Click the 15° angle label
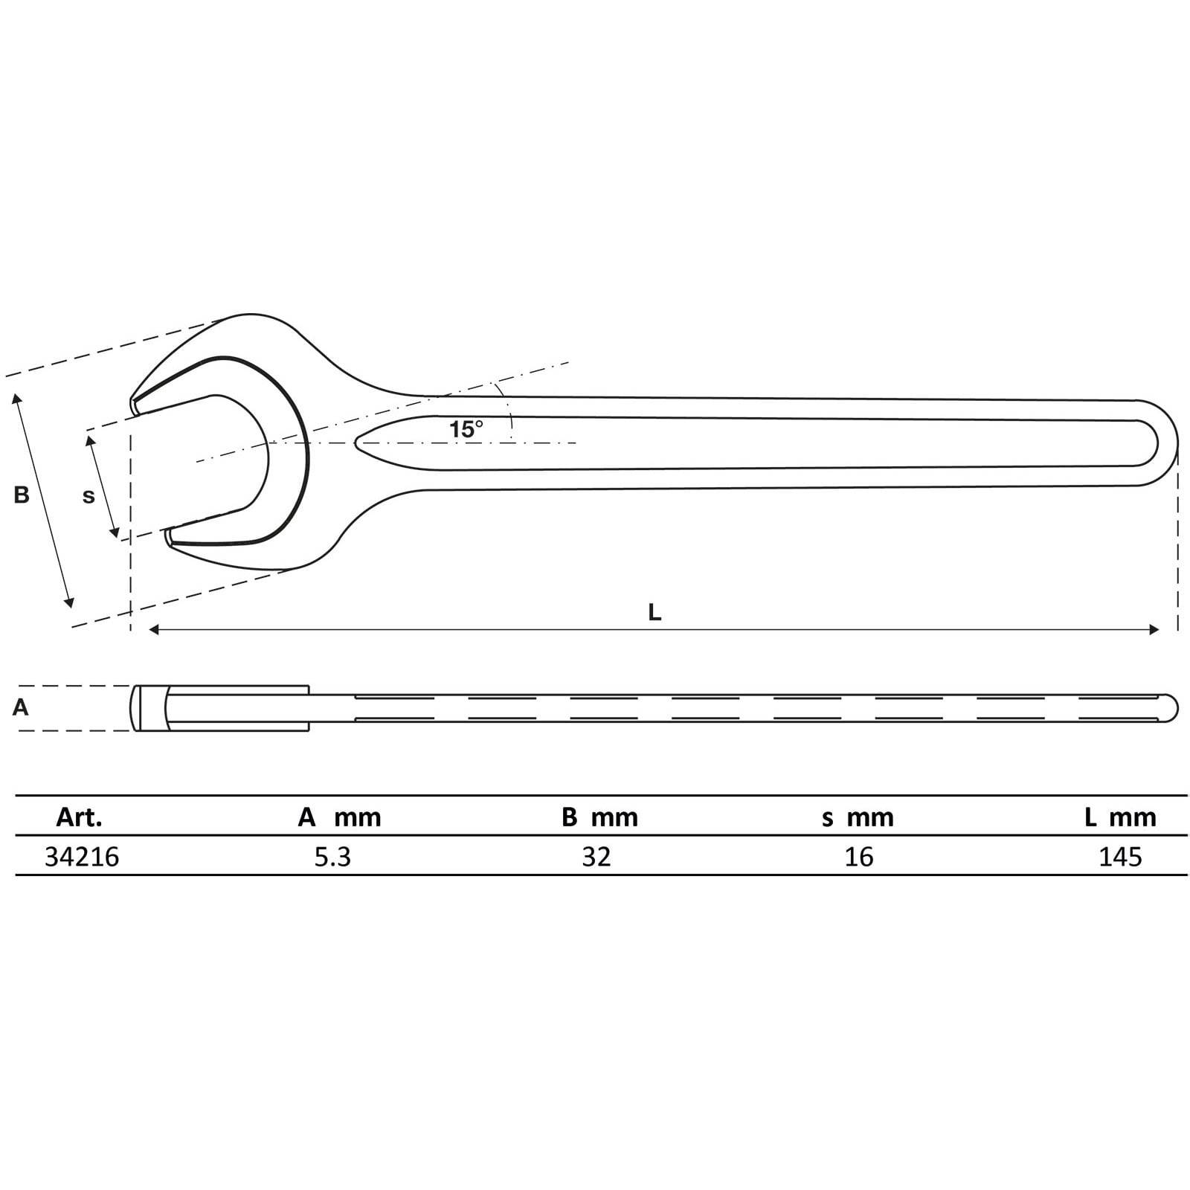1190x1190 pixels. click(466, 429)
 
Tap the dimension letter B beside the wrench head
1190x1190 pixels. click(22, 495)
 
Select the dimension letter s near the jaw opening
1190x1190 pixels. click(89, 496)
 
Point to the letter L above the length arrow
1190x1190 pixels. click(654, 612)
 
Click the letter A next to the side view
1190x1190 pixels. click(20, 707)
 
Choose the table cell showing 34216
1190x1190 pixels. click(82, 857)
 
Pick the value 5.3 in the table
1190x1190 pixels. click(332, 857)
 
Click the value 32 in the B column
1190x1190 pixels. click(596, 857)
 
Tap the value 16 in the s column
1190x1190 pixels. click(859, 857)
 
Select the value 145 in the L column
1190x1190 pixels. click(1120, 857)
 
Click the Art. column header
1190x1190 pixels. click(79, 817)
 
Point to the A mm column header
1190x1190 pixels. click(339, 817)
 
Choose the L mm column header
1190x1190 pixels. click(1120, 817)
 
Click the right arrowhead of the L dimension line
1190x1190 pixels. click(1154, 630)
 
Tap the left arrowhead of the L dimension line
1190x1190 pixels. click(154, 630)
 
